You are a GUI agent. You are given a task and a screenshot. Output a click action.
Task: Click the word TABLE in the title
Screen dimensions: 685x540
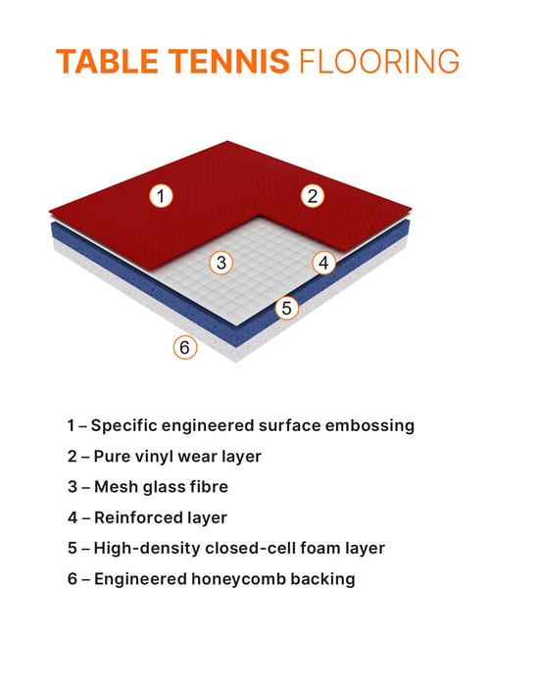pos(100,61)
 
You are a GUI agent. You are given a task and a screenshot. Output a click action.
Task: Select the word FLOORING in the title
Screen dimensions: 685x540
pos(377,61)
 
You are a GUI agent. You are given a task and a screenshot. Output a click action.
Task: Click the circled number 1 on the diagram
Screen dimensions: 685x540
pos(163,195)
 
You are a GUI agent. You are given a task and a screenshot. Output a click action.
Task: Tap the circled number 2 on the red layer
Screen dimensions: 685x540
pos(312,195)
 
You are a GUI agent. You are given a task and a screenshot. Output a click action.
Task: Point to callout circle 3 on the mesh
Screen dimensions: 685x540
pos(222,263)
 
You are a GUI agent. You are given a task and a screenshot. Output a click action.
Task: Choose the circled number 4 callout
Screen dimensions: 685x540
pos(325,263)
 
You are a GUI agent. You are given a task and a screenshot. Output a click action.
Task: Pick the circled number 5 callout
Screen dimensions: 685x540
pos(286,308)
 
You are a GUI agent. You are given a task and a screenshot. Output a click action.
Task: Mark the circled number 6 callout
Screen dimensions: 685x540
pos(185,347)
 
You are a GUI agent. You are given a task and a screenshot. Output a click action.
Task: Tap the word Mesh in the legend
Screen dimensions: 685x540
pos(115,487)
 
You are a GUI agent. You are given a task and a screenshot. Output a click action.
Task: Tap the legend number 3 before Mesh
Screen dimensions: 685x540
pos(72,487)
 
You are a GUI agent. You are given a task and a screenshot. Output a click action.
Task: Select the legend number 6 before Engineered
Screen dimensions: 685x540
pos(72,579)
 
